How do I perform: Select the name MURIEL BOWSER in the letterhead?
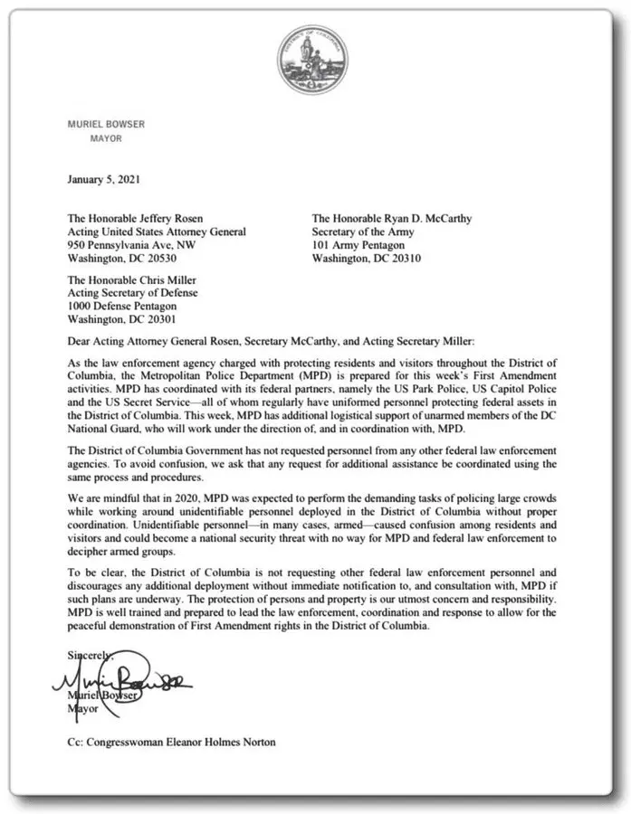coord(106,124)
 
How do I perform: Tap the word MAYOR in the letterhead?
coord(106,138)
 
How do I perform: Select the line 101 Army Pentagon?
coord(358,244)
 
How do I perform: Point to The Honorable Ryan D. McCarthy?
coord(392,218)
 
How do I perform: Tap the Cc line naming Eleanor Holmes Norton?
coord(171,742)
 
